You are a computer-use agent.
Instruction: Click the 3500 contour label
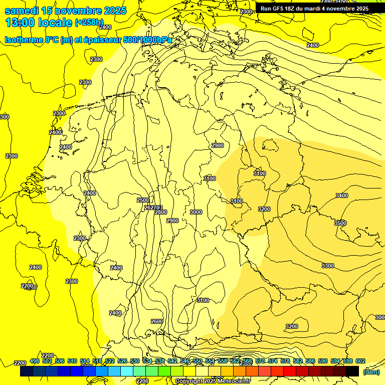click(x=340, y=223)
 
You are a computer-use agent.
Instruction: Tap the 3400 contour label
click(x=341, y=196)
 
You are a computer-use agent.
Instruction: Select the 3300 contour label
click(x=327, y=266)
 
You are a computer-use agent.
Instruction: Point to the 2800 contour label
click(x=160, y=212)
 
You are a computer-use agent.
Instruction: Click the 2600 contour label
click(x=156, y=321)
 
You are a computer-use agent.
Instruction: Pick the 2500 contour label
click(x=143, y=200)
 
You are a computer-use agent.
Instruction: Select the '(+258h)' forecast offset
click(x=89, y=23)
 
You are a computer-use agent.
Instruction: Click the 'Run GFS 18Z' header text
click(x=278, y=9)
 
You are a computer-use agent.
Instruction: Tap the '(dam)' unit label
click(x=371, y=371)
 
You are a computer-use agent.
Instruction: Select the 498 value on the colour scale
click(x=35, y=361)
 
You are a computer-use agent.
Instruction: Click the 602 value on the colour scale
click(x=360, y=361)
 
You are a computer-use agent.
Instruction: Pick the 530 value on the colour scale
click(x=135, y=361)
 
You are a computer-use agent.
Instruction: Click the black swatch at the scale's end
click(x=352, y=371)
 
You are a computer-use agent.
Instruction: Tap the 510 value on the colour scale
click(x=72, y=361)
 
